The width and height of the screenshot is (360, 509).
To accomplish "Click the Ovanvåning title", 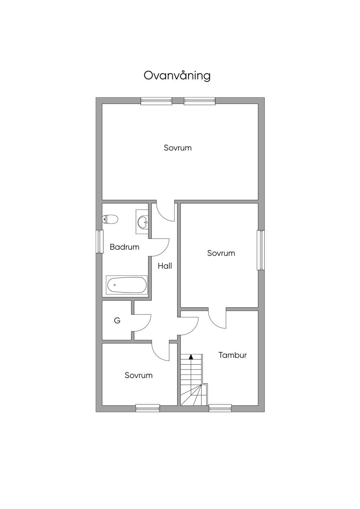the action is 177,76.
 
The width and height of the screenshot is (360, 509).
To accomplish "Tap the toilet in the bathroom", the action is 110,219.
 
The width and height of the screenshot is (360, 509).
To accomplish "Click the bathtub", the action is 127,285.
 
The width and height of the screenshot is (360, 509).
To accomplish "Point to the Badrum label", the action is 124,247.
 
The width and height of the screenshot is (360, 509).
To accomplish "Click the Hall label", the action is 165,266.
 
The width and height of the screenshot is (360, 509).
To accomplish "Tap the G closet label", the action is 117,320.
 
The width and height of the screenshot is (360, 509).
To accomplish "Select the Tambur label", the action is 232,355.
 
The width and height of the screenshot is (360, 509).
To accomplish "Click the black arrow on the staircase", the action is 191,357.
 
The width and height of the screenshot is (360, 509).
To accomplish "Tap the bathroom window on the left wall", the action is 99,241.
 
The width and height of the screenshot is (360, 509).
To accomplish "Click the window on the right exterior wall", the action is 261,250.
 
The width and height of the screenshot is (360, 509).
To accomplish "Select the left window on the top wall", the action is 156,101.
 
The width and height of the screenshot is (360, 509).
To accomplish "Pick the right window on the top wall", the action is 200,101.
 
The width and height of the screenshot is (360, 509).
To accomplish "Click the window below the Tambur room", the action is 220,408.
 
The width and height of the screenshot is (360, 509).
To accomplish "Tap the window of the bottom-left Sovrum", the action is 148,408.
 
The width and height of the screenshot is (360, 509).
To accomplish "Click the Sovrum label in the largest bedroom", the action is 178,148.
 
